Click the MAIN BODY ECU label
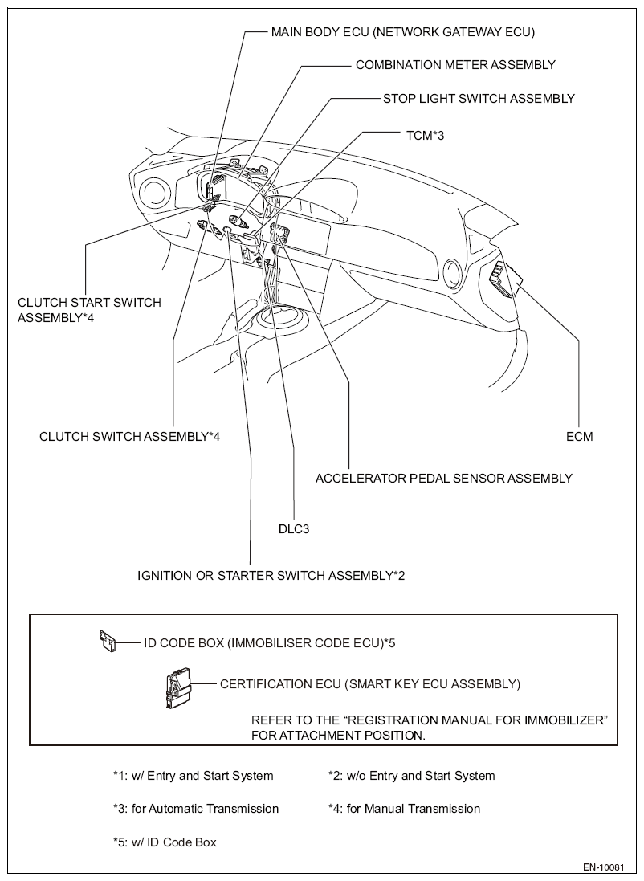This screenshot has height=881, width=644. (402, 32)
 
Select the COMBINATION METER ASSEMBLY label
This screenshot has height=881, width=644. (455, 64)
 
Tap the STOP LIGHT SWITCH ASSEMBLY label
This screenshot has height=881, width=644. (479, 99)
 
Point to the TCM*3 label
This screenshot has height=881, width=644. (425, 135)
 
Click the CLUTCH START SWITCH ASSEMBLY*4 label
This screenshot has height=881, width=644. (89, 309)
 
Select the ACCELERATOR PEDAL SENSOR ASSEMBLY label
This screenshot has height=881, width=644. (443, 478)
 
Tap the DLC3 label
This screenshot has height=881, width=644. (292, 528)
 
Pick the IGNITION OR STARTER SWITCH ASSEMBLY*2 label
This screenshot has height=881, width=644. (271, 575)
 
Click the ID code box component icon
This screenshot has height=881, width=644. (107, 641)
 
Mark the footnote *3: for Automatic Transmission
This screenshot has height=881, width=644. (195, 809)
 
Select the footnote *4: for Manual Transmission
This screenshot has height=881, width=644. (404, 809)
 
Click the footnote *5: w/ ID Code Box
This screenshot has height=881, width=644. (165, 842)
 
